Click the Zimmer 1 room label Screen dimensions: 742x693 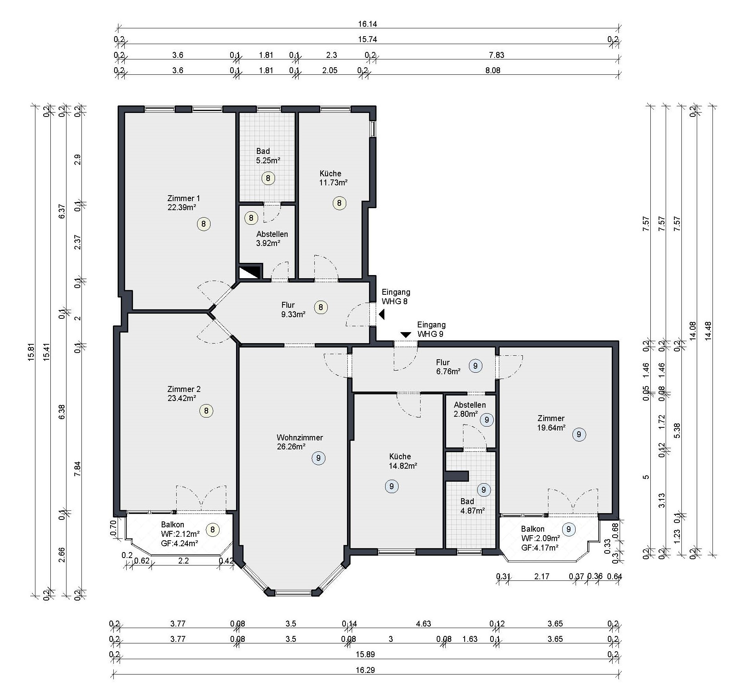pyautogui.click(x=184, y=198)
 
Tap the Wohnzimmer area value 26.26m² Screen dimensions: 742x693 pyautogui.click(x=292, y=447)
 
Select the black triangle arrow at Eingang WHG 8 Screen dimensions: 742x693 pyautogui.click(x=381, y=314)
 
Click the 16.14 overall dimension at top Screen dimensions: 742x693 pyautogui.click(x=367, y=24)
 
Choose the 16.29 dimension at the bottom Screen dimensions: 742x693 pyautogui.click(x=365, y=670)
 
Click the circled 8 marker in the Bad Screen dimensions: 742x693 pyautogui.click(x=268, y=178)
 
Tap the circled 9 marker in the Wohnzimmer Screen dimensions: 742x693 pyautogui.click(x=318, y=458)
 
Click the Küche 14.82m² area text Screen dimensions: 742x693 pyautogui.click(x=403, y=466)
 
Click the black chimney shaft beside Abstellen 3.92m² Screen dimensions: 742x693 pyautogui.click(x=250, y=271)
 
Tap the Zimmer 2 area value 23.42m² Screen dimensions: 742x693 pyautogui.click(x=182, y=398)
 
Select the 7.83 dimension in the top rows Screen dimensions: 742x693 pyautogui.click(x=497, y=55)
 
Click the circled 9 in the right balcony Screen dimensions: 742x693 pyautogui.click(x=568, y=529)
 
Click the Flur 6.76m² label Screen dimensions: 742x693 pyautogui.click(x=448, y=367)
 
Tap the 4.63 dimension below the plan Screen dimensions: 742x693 pyautogui.click(x=423, y=624)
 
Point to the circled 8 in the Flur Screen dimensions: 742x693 pyautogui.click(x=321, y=307)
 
